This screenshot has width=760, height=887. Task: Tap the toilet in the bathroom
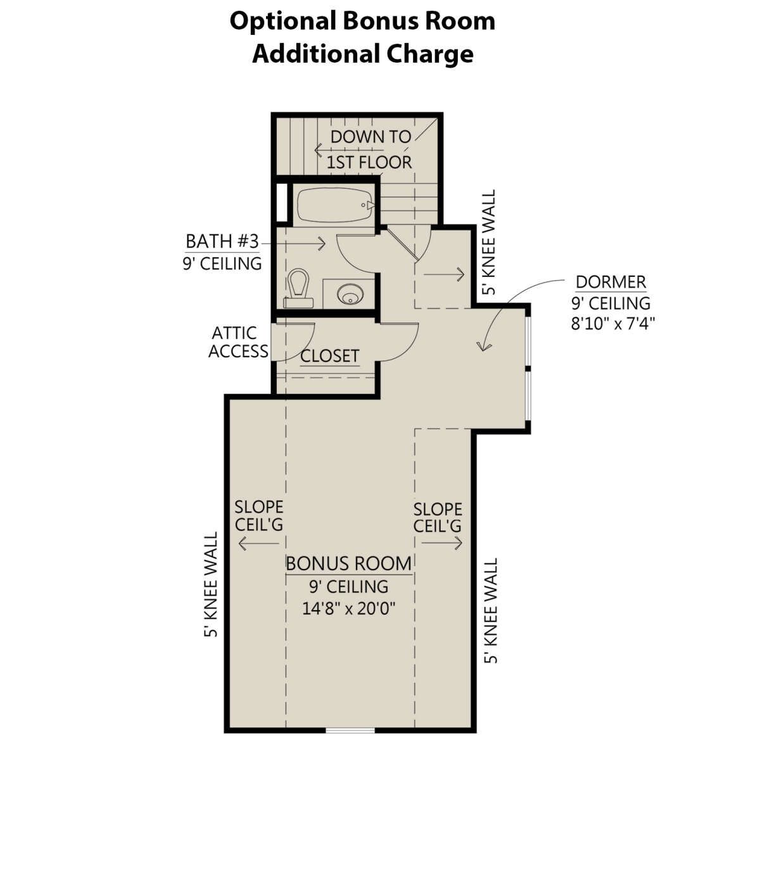[299, 288]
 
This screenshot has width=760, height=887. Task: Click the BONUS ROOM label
[349, 564]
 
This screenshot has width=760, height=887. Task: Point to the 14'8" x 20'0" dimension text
[349, 608]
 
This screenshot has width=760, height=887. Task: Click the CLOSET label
[329, 355]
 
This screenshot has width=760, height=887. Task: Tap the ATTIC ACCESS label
[238, 342]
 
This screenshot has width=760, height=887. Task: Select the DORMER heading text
[611, 282]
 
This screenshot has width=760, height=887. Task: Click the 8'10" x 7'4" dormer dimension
[613, 323]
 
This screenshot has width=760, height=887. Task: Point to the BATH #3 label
[222, 241]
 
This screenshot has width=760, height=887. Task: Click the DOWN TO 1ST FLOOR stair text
[369, 150]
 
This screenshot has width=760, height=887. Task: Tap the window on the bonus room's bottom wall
[350, 730]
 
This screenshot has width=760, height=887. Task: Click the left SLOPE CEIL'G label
[258, 516]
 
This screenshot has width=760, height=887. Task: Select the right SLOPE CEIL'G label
[438, 518]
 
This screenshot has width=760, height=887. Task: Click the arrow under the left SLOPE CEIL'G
[258, 544]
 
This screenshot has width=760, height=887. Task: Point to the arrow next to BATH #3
[293, 243]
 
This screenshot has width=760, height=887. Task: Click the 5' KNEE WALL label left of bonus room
[211, 585]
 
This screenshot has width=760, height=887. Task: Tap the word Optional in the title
[282, 21]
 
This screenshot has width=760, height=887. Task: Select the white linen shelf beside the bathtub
[282, 202]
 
